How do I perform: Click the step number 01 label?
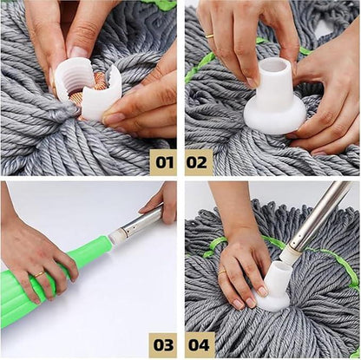click(x=162, y=160)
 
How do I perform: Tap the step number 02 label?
click(x=199, y=160)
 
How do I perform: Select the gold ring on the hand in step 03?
click(x=39, y=274)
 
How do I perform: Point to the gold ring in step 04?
click(x=222, y=273)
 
